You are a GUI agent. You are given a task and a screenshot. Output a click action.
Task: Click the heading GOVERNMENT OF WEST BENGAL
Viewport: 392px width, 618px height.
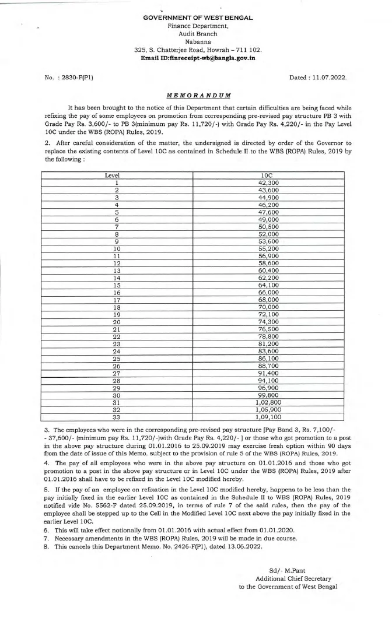tap(198, 18)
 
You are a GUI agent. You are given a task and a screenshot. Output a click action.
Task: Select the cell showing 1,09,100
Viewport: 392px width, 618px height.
tap(269, 417)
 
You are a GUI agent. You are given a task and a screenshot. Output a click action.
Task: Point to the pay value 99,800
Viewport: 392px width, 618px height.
tap(269, 394)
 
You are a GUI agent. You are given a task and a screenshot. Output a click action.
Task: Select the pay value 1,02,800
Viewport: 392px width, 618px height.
tap(269, 401)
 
